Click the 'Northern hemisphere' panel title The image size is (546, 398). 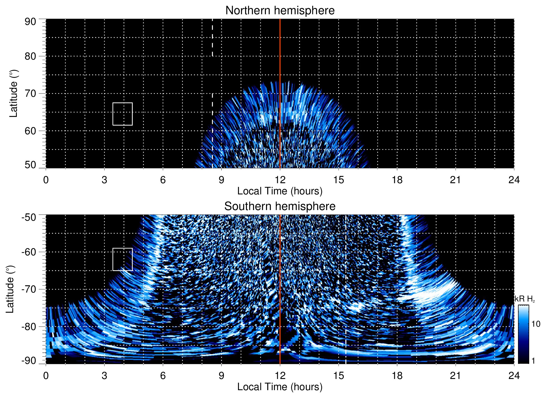point(280,11)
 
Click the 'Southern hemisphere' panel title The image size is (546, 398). point(280,206)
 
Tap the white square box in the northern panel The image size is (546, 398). point(123,114)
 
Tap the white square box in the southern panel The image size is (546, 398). point(123,259)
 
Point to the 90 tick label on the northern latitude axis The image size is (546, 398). point(30,22)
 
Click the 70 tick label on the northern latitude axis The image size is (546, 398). point(30,93)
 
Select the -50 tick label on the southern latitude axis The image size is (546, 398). point(29,217)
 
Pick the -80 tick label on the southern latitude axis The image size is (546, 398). point(29,326)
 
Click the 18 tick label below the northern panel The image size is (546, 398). point(397,180)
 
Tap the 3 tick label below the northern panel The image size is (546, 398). point(104,180)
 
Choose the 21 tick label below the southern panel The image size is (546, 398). point(456,376)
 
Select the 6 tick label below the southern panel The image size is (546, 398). point(163,376)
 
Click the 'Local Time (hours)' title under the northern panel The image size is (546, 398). point(280,191)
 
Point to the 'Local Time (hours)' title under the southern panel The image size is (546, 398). point(280,387)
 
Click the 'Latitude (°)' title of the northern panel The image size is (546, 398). point(13,93)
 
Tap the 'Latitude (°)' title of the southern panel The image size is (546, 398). point(10,289)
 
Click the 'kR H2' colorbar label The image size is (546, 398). point(524,299)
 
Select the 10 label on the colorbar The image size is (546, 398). point(536,324)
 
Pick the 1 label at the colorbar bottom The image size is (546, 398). point(533,361)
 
